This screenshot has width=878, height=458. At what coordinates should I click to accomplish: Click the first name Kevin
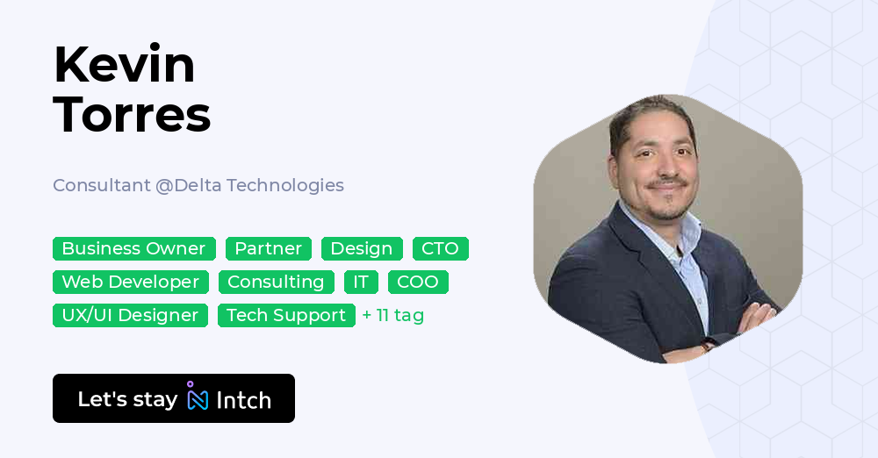pos(124,65)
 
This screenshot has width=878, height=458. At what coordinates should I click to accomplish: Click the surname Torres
pos(132,114)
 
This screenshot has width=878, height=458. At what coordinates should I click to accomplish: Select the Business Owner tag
pos(133,248)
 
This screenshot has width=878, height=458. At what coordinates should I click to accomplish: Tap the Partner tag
pos(268,248)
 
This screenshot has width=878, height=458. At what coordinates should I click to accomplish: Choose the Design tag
pos(362,248)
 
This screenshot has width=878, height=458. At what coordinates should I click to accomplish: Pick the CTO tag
pos(440,248)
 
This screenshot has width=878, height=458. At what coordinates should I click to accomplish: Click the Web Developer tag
pos(131,282)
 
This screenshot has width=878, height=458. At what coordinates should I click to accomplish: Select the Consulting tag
pos(276,282)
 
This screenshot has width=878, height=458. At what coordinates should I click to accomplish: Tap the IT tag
pos(361,282)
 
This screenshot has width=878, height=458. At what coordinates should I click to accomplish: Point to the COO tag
pos(418,282)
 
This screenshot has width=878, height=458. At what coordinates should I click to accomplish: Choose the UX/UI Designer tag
pos(130,315)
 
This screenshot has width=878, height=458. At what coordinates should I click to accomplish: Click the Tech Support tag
pos(286,315)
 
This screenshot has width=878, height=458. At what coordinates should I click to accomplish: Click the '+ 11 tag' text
pos(393,315)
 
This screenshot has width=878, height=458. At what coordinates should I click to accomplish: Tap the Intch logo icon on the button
pos(198,397)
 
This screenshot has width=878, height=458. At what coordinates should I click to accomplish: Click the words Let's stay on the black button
pos(127,399)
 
